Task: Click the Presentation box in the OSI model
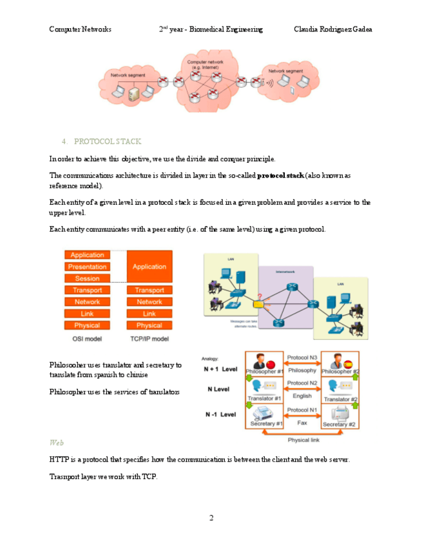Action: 87,267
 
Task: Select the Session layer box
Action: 87,279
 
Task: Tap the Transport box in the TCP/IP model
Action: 149,290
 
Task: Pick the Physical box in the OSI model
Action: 87,326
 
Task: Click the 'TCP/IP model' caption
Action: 149,338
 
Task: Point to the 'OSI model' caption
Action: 88,338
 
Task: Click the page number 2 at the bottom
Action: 211,518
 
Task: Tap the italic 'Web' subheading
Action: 56,443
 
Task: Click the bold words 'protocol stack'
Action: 280,175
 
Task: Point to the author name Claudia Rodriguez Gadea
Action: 332,30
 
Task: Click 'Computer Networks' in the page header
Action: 80,30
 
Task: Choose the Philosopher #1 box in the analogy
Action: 264,365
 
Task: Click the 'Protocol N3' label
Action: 302,357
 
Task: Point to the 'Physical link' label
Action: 302,440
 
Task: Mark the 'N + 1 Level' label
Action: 221,370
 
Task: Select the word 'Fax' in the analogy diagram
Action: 302,423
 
